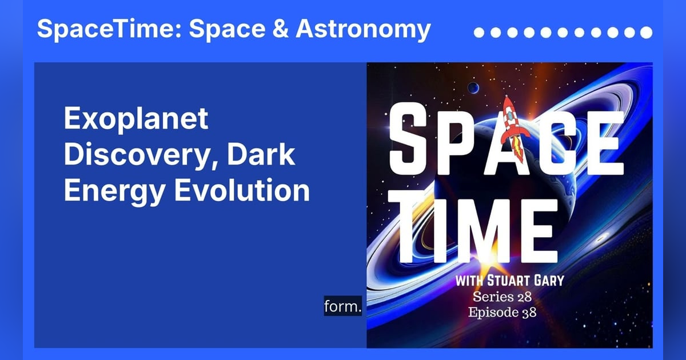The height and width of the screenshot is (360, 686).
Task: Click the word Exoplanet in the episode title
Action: [x=135, y=121]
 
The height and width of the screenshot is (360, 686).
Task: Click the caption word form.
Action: [x=343, y=307]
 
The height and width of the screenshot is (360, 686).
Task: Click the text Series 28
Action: [x=501, y=297]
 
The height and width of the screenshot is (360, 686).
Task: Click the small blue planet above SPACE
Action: [x=474, y=87]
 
